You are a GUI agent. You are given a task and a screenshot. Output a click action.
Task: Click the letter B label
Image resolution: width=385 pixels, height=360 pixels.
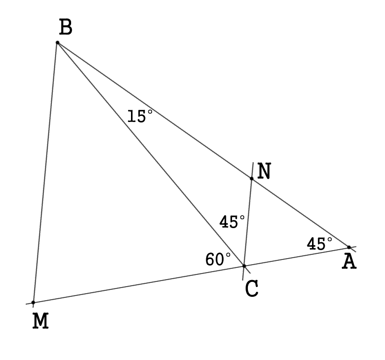click(x=66, y=28)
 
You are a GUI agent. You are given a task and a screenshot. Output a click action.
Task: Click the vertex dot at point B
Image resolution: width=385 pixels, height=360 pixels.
click(x=58, y=43)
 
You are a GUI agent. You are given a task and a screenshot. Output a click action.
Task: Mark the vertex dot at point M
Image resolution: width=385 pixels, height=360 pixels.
click(x=33, y=302)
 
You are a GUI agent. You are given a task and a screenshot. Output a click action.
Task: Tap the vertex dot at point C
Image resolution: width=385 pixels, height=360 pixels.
click(x=244, y=266)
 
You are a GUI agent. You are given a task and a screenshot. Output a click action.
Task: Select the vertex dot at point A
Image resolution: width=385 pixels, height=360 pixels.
click(x=349, y=247)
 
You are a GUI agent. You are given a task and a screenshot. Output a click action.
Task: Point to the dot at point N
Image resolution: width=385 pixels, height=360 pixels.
click(x=252, y=179)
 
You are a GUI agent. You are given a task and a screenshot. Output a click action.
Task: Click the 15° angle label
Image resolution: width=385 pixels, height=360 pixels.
click(x=140, y=116)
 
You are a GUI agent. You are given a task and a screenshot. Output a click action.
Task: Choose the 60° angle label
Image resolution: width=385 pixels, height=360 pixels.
click(x=218, y=259)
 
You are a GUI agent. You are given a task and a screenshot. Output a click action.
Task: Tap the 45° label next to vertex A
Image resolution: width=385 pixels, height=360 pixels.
click(x=320, y=243)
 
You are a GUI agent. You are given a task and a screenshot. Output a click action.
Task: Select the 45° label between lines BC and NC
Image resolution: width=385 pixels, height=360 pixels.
click(x=232, y=222)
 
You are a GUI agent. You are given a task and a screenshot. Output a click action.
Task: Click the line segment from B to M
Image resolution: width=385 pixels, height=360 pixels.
click(x=45, y=173)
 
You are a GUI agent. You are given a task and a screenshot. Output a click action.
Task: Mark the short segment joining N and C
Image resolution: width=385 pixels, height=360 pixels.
click(x=248, y=222)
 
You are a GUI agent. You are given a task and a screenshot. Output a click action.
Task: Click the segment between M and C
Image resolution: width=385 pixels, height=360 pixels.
click(x=138, y=284)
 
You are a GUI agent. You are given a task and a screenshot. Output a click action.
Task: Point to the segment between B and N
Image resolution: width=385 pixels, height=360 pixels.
click(x=154, y=110)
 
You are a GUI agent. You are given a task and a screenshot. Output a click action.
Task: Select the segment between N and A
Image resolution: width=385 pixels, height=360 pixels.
click(x=300, y=213)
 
